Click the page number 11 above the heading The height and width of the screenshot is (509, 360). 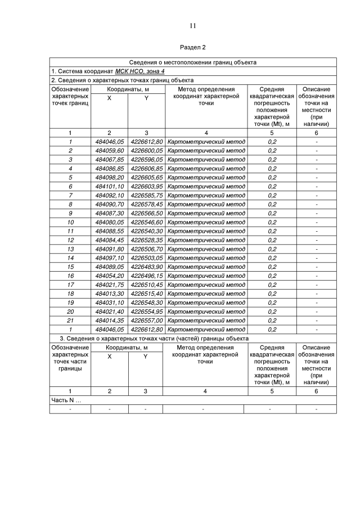click(192, 26)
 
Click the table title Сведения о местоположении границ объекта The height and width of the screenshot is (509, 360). click(193, 62)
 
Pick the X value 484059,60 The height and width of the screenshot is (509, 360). click(109, 151)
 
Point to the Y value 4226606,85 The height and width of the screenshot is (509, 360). click(146, 168)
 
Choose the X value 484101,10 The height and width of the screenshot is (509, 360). click(109, 186)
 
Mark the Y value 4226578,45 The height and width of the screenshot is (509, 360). click(146, 204)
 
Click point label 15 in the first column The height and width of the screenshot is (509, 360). click(70, 267)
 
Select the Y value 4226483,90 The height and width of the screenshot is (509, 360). click(146, 267)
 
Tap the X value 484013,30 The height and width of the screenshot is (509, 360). click(109, 294)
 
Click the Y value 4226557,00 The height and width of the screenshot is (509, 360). click(146, 320)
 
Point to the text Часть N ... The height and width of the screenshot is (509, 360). click(66, 400)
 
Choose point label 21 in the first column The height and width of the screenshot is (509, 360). click(70, 320)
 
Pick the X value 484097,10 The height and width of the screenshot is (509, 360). click(109, 258)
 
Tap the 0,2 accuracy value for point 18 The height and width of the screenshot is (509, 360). click(272, 294)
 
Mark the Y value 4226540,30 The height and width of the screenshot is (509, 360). click(146, 231)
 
